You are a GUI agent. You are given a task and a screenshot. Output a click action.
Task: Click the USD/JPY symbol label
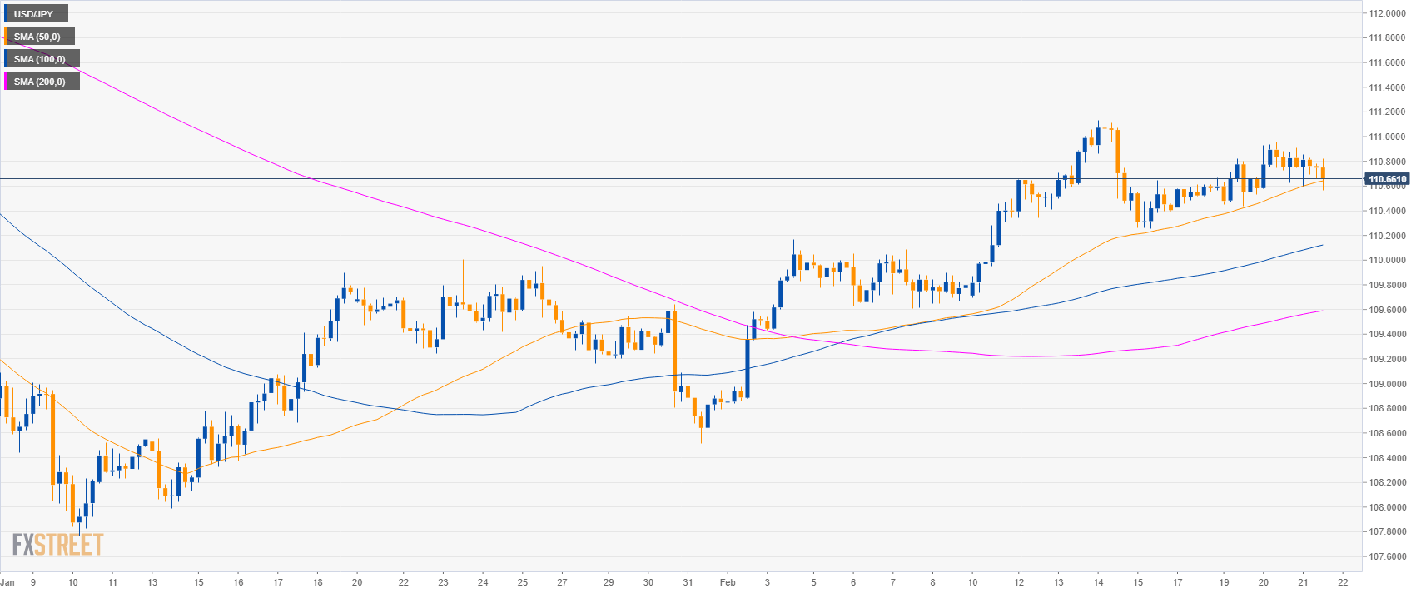(33, 14)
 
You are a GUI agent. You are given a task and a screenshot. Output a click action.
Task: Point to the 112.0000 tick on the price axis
(1387, 13)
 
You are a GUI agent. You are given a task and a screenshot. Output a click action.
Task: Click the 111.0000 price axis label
(1387, 137)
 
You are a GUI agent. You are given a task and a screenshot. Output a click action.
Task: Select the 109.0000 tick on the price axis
(1387, 384)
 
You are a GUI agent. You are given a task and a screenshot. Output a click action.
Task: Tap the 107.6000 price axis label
(1387, 556)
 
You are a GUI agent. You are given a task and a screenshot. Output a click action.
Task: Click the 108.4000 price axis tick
(1387, 458)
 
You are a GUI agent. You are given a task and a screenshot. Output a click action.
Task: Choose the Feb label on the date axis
(728, 582)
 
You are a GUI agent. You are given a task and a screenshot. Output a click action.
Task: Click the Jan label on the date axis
(7, 582)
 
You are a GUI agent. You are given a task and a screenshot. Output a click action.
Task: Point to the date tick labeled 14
(1098, 582)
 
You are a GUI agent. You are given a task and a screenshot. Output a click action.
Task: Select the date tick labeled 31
(688, 582)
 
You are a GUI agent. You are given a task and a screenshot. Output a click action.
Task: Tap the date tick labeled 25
(523, 582)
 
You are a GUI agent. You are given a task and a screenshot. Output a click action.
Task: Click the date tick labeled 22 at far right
(1343, 582)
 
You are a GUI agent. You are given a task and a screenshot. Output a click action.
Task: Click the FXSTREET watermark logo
(57, 545)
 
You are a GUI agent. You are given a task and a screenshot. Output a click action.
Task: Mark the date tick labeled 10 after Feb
(972, 582)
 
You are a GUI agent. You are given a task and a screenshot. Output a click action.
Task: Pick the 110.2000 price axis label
(1387, 236)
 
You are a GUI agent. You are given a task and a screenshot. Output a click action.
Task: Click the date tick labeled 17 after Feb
(1177, 582)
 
